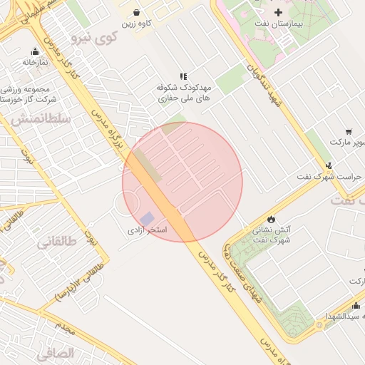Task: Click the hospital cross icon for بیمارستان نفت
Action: [x=279, y=12]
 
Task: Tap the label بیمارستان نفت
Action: [x=279, y=24]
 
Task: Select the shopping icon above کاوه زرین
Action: [x=138, y=12]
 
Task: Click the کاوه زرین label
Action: [x=138, y=24]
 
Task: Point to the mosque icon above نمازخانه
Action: [x=35, y=51]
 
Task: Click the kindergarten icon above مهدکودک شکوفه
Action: [x=183, y=76]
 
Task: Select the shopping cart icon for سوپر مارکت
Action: [x=348, y=131]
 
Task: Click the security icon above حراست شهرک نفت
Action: [x=329, y=165]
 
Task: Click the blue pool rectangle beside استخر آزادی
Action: [x=147, y=217]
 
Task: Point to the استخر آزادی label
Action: [x=147, y=230]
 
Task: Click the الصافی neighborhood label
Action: [x=55, y=353]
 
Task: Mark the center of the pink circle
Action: [x=182, y=182]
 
